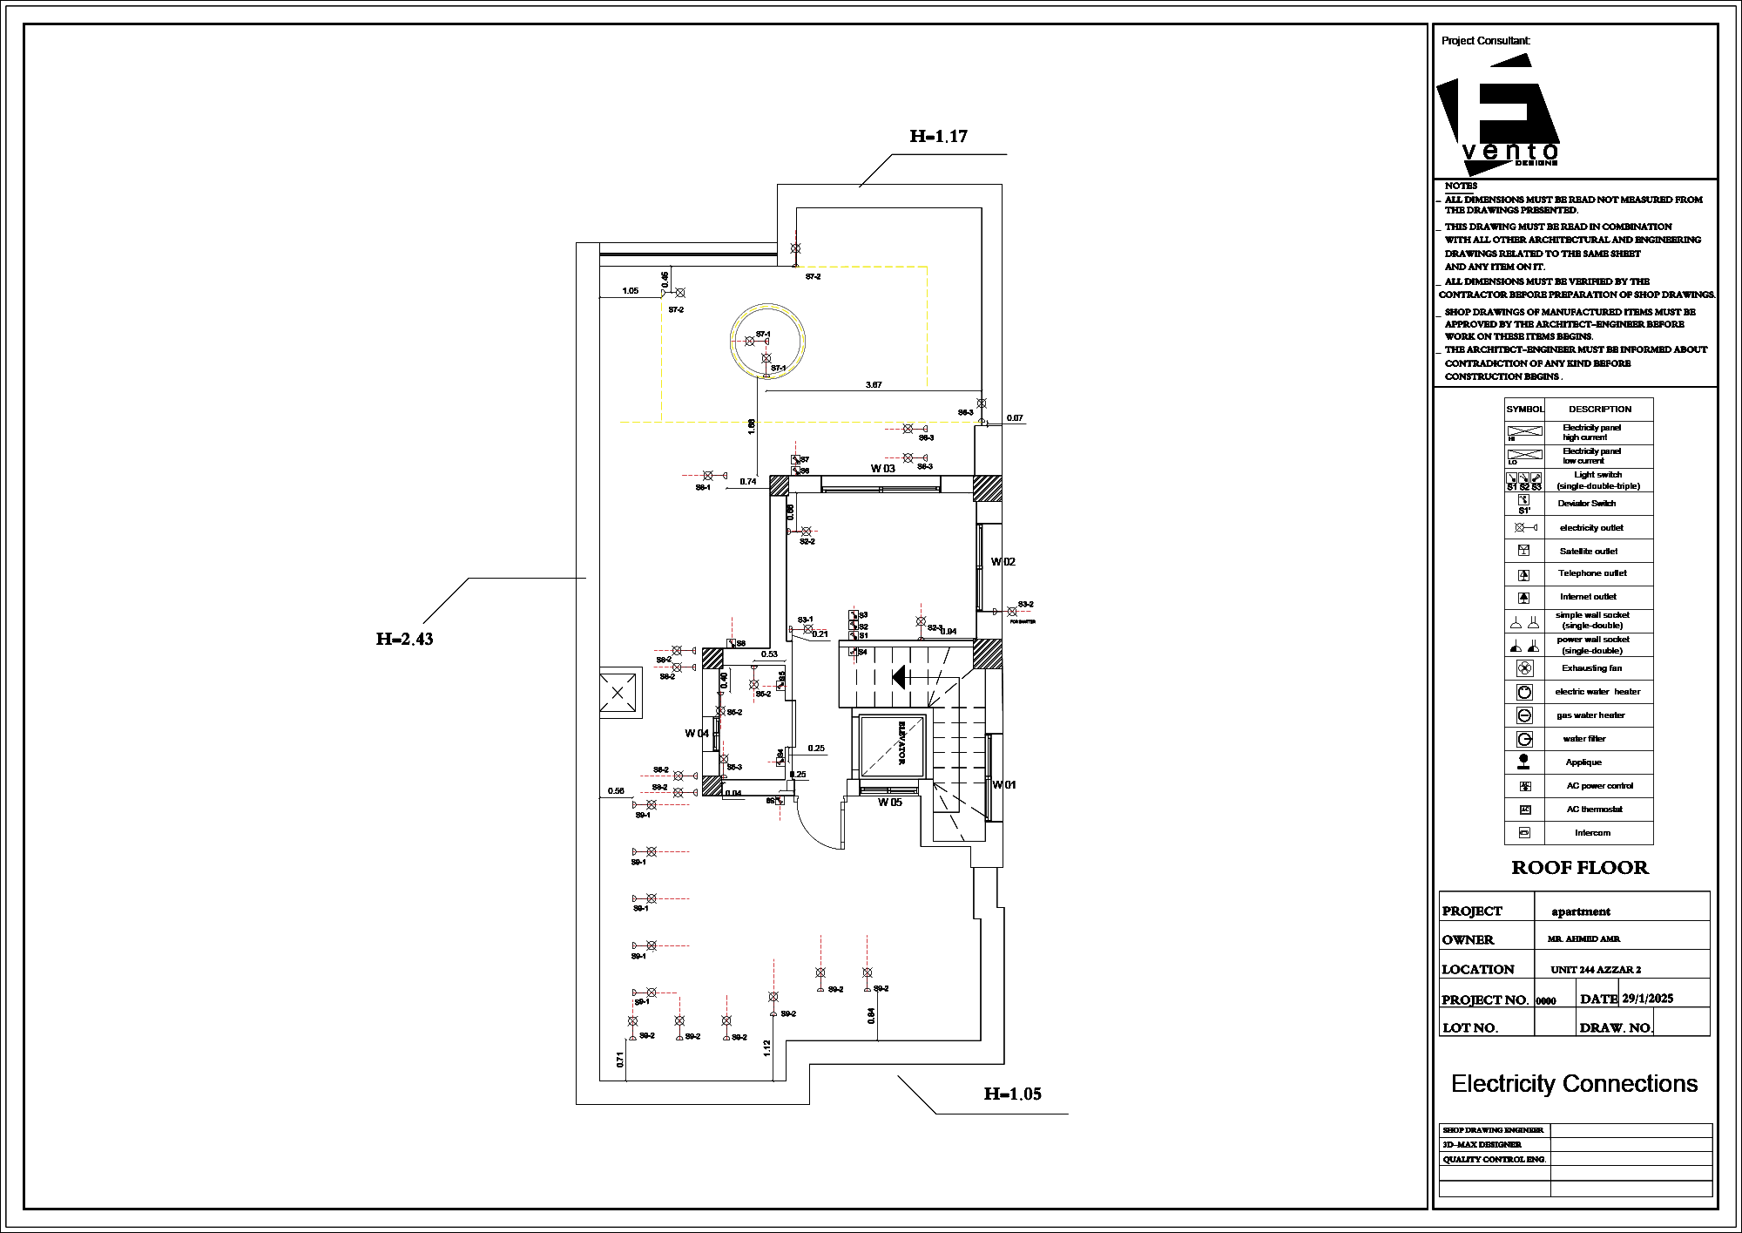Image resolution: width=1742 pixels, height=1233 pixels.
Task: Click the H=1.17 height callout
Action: click(938, 137)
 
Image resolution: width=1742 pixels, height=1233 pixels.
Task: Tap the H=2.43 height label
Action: click(404, 640)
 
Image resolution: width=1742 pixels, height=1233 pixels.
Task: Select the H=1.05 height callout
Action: click(1012, 1094)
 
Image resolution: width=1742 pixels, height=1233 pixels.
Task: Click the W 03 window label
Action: click(882, 469)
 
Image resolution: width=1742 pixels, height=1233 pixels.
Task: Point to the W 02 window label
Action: click(1003, 562)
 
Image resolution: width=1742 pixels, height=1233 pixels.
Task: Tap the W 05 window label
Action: click(889, 803)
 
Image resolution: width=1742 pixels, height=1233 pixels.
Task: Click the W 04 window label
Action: click(697, 734)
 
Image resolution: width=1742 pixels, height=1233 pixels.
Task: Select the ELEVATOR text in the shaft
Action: click(901, 742)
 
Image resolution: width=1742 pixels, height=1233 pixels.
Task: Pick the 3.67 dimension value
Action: click(874, 384)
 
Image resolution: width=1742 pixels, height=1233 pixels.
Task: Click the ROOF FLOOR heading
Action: click(1579, 868)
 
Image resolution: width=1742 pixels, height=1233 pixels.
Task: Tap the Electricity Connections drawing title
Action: click(1574, 1084)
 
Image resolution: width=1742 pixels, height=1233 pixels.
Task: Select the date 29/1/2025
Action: click(1647, 999)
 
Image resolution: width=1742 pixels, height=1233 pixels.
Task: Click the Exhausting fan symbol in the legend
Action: click(1524, 668)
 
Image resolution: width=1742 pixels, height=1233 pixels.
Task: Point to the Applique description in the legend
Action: click(1583, 762)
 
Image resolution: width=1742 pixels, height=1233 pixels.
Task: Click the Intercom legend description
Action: click(1592, 833)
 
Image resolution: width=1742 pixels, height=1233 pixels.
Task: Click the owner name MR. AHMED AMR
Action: click(1583, 939)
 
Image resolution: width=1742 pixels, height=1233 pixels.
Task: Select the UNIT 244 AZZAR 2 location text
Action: click(1596, 970)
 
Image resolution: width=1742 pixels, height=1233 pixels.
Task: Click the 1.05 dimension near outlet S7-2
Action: click(631, 291)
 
